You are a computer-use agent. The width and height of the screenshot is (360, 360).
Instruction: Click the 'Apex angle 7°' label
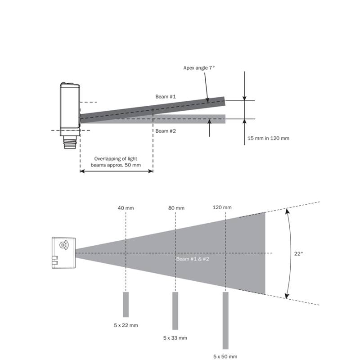tap(199, 68)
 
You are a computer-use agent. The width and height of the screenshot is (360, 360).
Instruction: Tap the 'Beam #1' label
tap(166, 97)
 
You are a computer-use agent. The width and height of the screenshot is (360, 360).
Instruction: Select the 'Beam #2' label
tap(166, 131)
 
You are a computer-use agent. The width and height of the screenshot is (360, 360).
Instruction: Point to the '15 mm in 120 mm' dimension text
tap(268, 138)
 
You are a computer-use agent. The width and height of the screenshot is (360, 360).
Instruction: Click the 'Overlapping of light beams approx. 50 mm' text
tap(116, 162)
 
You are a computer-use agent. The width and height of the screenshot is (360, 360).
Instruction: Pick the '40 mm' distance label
tap(126, 208)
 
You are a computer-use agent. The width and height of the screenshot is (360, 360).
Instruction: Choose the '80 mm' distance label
tap(176, 208)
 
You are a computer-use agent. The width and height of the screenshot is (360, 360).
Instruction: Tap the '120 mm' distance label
tap(222, 207)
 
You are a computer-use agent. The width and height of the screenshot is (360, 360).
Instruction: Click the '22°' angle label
tap(298, 254)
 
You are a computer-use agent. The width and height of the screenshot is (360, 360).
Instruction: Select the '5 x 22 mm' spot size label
tap(126, 325)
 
